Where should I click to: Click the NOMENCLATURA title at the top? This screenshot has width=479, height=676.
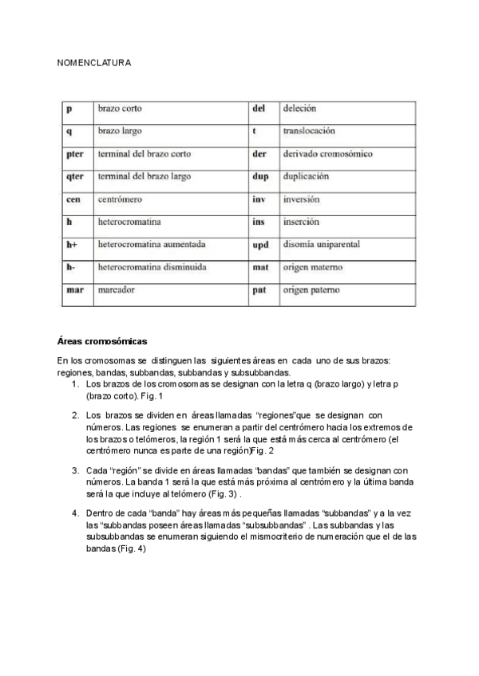[94, 62]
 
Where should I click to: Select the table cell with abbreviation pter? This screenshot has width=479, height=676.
[76, 154]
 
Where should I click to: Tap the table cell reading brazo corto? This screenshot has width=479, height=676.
[120, 108]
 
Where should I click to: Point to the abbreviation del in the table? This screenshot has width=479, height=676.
[259, 108]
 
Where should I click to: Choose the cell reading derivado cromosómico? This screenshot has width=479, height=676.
[327, 154]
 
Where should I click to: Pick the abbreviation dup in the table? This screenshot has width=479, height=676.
[259, 176]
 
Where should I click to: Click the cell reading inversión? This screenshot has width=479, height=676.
[302, 199]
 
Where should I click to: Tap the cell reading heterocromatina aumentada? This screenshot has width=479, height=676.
[152, 245]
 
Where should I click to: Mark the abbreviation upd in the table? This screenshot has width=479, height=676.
[260, 246]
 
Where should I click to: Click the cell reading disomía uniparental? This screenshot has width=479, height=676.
[322, 245]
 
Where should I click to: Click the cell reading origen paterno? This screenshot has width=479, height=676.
[311, 291]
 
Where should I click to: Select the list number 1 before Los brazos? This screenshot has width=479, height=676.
[74, 384]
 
